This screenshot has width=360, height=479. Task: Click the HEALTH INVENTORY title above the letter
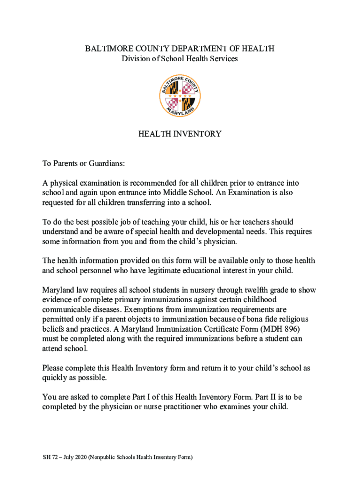[x=180, y=134]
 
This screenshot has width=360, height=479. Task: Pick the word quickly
[x=55, y=378]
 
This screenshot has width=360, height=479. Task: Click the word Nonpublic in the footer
[x=104, y=457]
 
